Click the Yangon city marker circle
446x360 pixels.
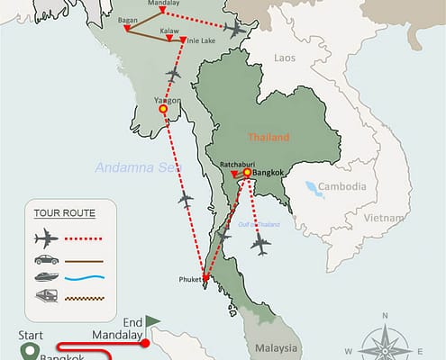tap(163, 109)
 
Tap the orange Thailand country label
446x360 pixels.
tap(270, 138)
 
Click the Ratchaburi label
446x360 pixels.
tap(239, 164)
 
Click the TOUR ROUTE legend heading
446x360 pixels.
tap(63, 213)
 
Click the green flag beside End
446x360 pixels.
tap(152, 320)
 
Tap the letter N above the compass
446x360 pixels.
tap(384, 316)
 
